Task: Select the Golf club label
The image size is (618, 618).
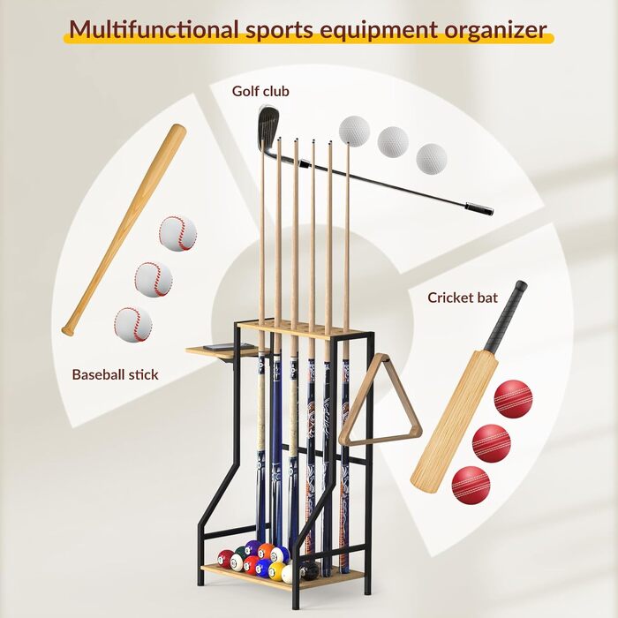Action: pos(260,91)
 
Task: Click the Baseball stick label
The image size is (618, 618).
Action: pos(115,374)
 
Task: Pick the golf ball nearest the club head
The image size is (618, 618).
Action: pos(354,131)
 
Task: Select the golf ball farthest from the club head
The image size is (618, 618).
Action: pos(432,158)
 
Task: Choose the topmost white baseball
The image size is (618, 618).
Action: pos(177,234)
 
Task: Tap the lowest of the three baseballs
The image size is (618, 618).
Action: pos(132,324)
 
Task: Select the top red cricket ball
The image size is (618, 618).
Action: pos(514,398)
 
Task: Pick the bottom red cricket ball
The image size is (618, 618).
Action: pos(471,485)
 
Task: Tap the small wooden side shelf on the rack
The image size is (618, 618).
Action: pos(212,350)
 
